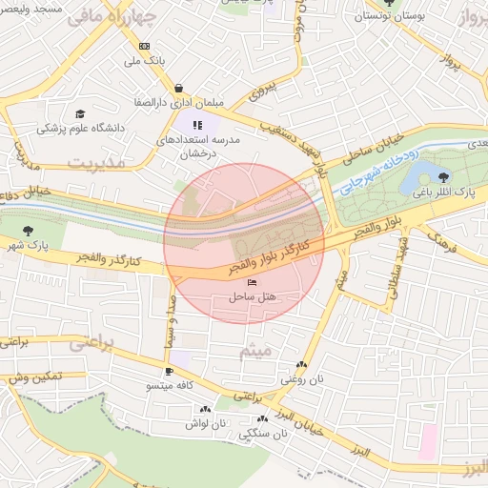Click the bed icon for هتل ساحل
click(x=252, y=283)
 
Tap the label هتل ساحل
click(x=252, y=297)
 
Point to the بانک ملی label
click(x=145, y=61)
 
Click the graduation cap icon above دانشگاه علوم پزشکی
click(x=80, y=113)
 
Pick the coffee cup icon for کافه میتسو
click(x=169, y=371)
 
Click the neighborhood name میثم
click(x=255, y=351)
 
